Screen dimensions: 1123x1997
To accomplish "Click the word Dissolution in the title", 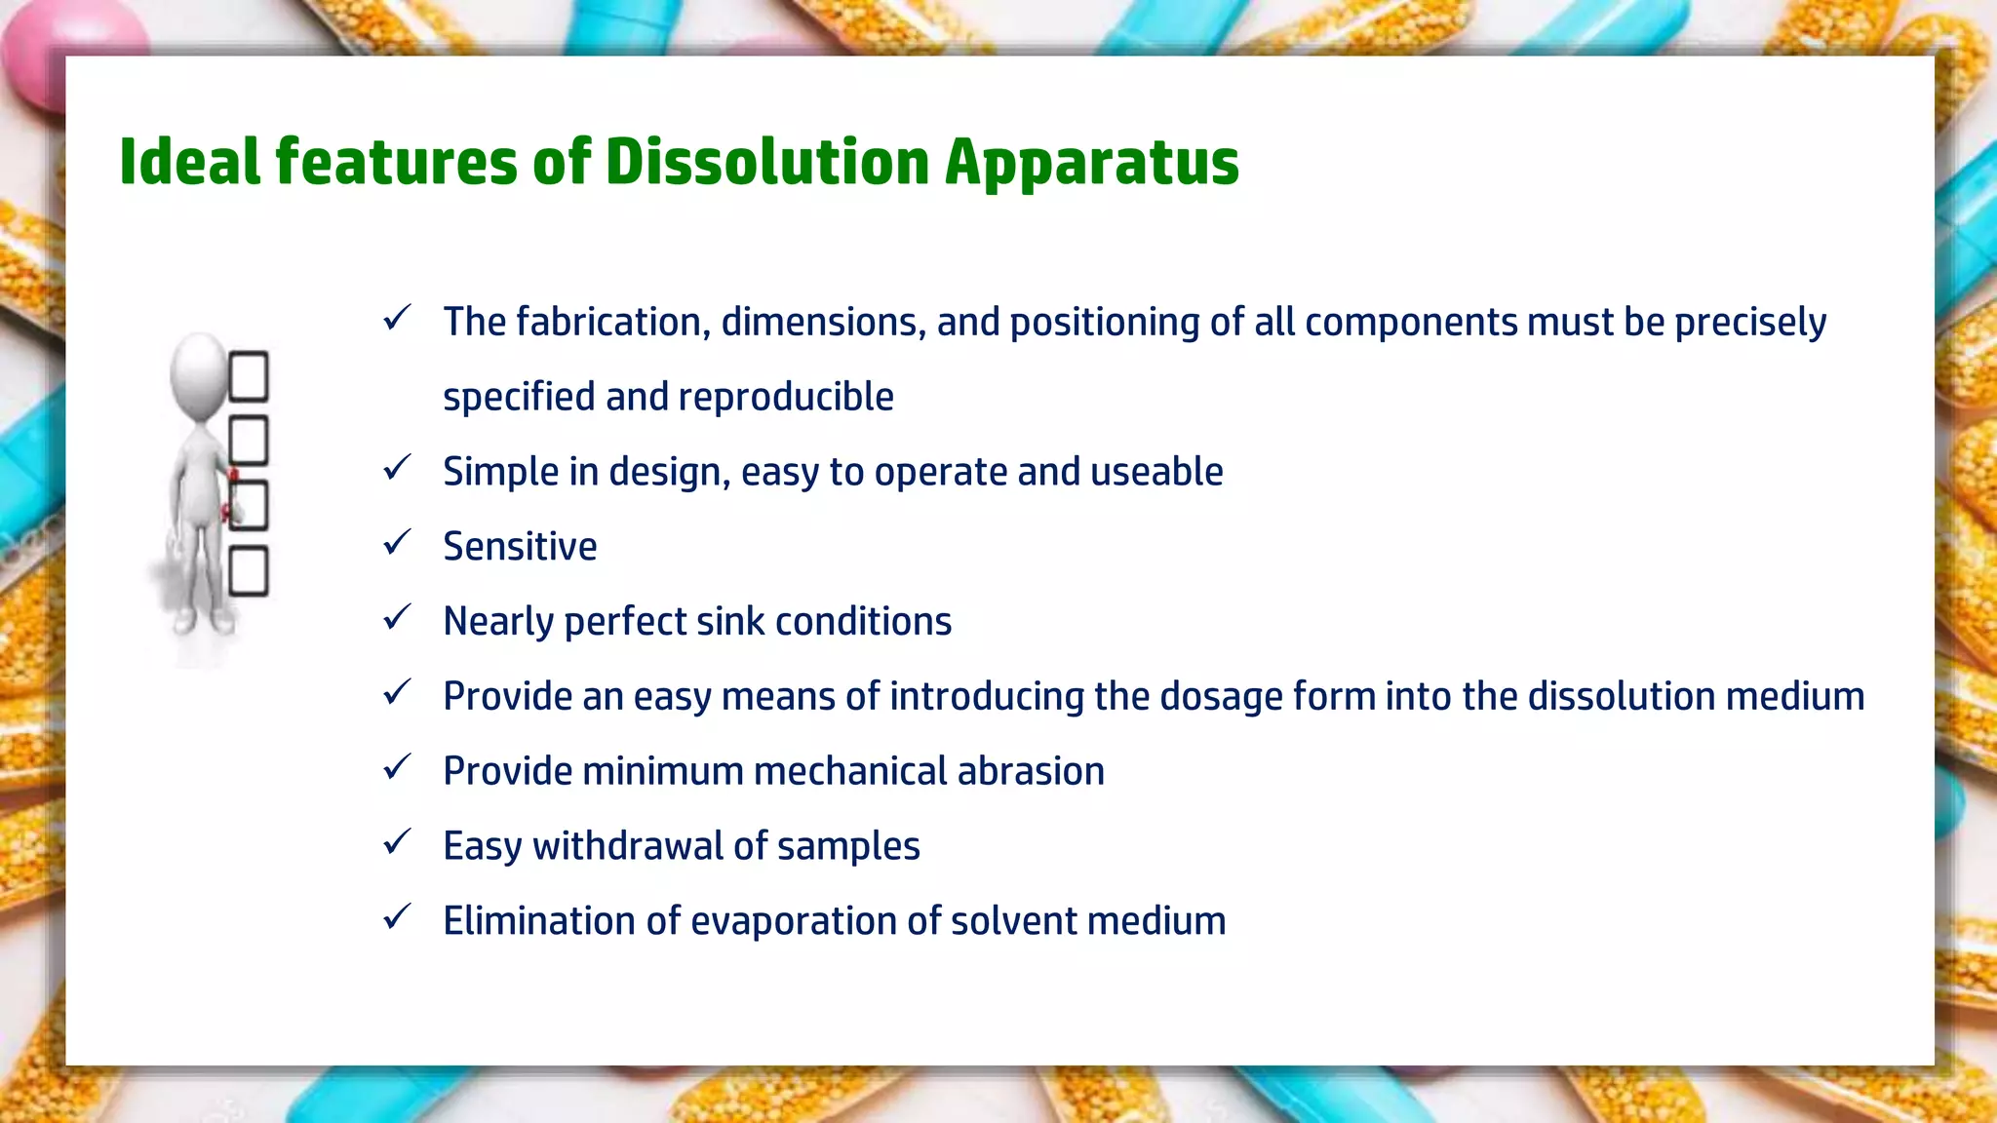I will pyautogui.click(x=766, y=162).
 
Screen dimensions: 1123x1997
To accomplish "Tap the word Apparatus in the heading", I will pyautogui.click(x=1091, y=164).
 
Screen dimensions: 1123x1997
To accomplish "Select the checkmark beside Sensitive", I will pyautogui.click(x=397, y=542).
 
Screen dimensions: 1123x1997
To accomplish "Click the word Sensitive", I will pyautogui.click(x=520, y=547).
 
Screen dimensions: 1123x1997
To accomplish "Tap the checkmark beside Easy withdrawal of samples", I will pyautogui.click(x=397, y=841).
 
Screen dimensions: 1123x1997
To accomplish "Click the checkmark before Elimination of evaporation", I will pyautogui.click(x=397, y=916).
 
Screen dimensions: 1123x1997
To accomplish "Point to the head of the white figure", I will pyautogui.click(x=198, y=373).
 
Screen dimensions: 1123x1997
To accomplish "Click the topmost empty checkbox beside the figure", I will pyautogui.click(x=248, y=376).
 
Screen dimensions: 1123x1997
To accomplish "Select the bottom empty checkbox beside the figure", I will pyautogui.click(x=248, y=571).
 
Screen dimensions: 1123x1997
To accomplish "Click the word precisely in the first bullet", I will pyautogui.click(x=1749, y=323).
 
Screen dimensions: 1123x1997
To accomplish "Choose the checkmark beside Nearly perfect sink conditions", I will pyautogui.click(x=397, y=617).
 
